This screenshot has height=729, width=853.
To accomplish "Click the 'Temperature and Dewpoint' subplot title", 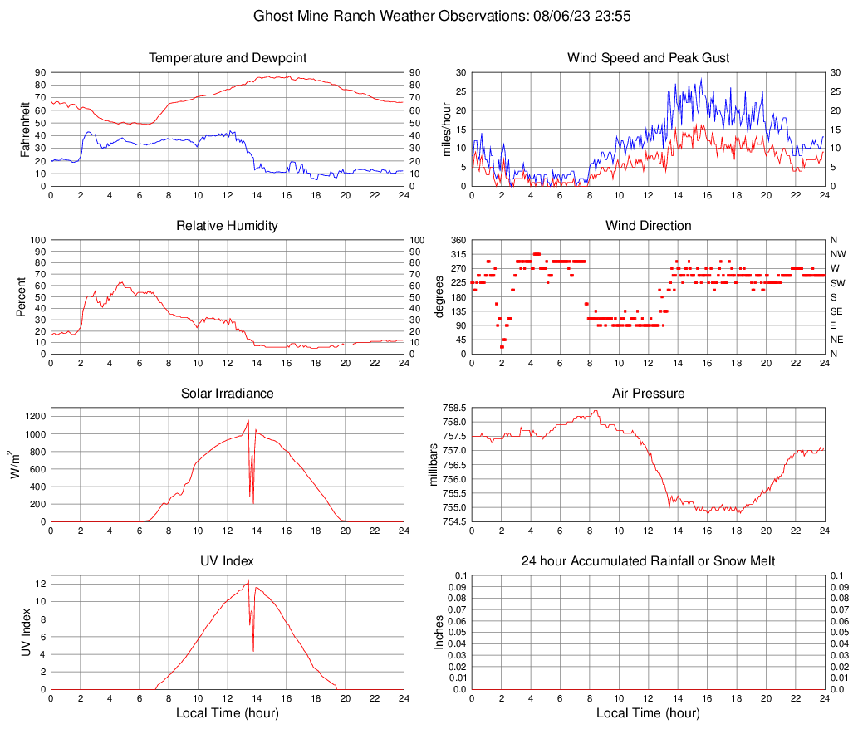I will (x=228, y=58).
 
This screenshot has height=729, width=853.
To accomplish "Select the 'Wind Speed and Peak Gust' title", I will (x=648, y=58).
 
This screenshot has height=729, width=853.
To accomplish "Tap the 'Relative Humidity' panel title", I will (x=228, y=226).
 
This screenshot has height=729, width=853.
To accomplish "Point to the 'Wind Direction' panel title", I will (x=648, y=226).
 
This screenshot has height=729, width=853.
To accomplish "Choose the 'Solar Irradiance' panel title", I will (x=228, y=394).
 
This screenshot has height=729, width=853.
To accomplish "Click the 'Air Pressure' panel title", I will (x=648, y=394).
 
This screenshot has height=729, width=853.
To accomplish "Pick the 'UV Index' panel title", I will (x=228, y=561).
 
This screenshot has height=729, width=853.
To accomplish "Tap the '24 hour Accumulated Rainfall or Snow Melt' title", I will (x=648, y=561).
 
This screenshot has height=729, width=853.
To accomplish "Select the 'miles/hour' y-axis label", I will (x=446, y=129).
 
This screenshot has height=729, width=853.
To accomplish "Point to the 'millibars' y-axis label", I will (x=433, y=464).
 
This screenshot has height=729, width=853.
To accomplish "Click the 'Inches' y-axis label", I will (x=439, y=632).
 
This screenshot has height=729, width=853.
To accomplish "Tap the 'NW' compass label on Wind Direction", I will (x=838, y=254).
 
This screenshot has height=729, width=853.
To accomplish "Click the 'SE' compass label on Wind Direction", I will (x=837, y=311).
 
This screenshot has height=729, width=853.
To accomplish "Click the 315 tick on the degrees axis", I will (x=457, y=254).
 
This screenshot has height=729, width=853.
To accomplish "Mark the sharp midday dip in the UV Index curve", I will (x=253, y=650).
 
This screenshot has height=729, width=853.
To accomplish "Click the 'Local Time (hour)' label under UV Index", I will (x=228, y=713).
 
